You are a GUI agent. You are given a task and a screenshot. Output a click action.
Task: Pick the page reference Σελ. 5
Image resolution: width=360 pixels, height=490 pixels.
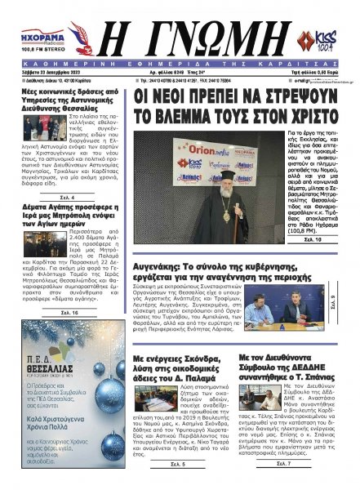point(178,464)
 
